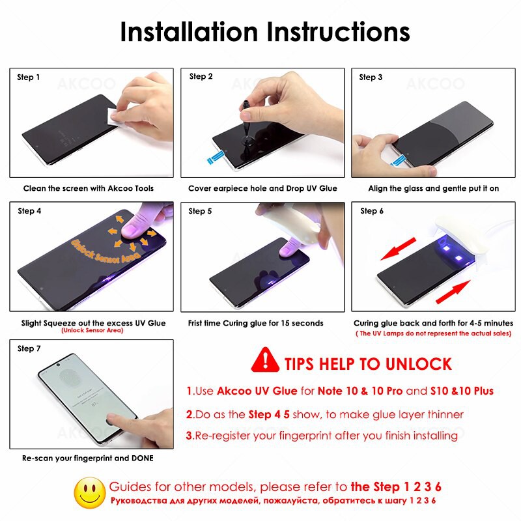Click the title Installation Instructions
tap(264, 32)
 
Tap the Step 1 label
tap(29, 77)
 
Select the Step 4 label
tap(29, 210)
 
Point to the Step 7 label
tap(29, 348)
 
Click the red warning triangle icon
tap(265, 360)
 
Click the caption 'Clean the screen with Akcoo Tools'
tap(89, 188)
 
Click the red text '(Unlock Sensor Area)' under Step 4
tap(91, 331)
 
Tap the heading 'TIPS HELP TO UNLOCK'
tap(368, 363)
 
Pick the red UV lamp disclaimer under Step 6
tap(434, 333)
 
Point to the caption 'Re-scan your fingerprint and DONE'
tap(88, 458)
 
